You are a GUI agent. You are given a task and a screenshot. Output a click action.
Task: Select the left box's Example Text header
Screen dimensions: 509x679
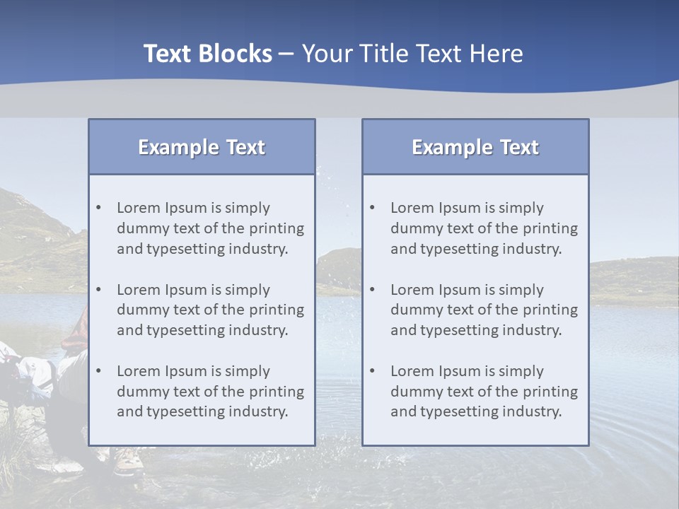[x=202, y=147]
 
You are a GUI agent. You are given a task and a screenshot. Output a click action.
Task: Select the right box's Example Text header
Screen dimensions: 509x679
[x=475, y=147]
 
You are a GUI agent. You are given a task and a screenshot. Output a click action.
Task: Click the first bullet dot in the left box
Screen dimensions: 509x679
[x=99, y=208]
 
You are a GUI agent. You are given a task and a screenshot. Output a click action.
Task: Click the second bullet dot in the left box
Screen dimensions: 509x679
[x=99, y=290]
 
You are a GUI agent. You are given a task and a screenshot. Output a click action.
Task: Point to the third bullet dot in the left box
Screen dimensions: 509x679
[x=99, y=371]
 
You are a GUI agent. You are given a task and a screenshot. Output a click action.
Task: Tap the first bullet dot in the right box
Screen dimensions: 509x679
[x=373, y=208]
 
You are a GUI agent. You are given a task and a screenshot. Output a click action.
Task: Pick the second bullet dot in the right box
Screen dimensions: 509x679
[x=373, y=290]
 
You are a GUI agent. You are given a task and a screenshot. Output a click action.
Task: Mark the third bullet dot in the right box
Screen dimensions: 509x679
[x=373, y=371]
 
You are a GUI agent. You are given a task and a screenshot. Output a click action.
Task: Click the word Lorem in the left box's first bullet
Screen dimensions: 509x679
[x=139, y=208]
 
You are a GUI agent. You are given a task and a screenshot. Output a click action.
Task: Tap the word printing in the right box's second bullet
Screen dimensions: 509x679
[x=551, y=310]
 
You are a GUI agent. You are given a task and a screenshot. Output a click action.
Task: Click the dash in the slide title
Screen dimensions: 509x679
[x=286, y=54]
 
